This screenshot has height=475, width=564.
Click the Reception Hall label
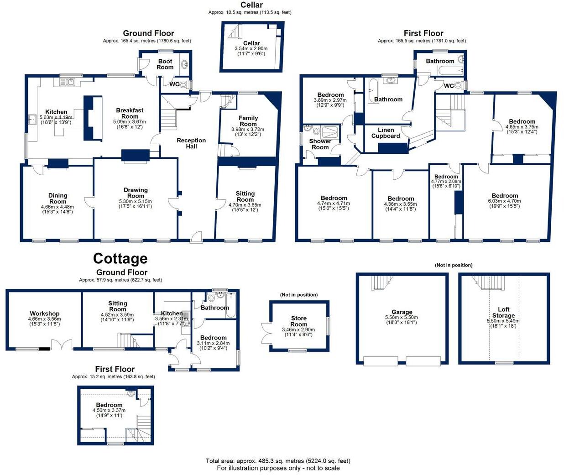coord(191,143)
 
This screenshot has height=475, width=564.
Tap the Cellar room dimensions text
coord(251,51)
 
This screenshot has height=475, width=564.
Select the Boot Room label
coord(165,64)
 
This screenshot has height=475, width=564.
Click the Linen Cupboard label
coord(386,133)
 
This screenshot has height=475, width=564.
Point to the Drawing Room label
coord(136,193)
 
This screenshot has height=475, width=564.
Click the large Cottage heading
coord(120,259)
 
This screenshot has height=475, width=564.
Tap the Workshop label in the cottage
coord(45,313)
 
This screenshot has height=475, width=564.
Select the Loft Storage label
coord(503,312)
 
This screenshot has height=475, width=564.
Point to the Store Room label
coord(299,321)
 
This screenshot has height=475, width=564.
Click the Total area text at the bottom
coord(278,461)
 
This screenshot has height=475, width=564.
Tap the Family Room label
coord(248,120)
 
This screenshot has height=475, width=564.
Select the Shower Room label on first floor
coord(320,144)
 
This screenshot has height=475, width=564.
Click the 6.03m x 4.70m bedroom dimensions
coord(505,204)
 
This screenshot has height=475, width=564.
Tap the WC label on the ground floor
coord(174,84)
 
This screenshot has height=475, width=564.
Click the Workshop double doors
coord(62,345)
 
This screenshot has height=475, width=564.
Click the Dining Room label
coord(57,198)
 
